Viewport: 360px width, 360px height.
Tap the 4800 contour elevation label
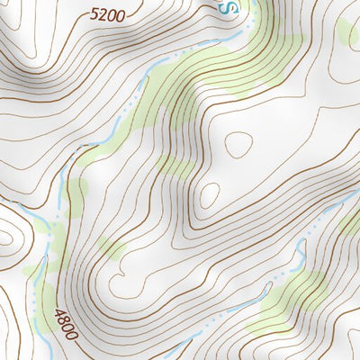coord(66,324)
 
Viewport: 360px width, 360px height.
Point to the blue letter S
coord(229,8)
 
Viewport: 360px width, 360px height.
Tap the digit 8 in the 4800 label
coord(63,319)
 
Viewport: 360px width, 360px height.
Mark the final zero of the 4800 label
coord(71,334)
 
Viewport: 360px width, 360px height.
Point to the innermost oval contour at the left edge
coord(4,239)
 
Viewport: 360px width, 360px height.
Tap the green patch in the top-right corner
coord(346,31)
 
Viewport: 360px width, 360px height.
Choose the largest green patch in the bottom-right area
coord(288,301)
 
